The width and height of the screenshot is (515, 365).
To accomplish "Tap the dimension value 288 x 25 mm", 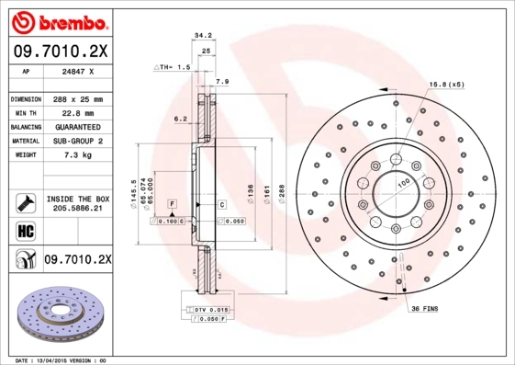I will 76,98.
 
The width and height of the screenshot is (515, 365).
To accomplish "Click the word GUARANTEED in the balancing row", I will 76,127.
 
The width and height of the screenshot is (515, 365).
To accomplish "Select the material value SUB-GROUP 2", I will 76,142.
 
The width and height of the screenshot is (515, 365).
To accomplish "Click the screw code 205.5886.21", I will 76,209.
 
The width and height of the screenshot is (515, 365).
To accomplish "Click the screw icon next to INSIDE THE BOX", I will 20,202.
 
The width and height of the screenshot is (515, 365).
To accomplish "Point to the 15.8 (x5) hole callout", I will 445,86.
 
